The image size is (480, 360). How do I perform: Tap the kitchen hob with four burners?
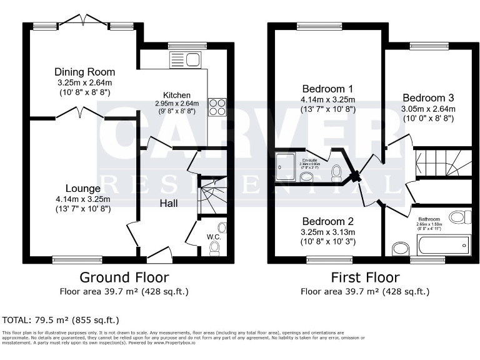pos(216,107)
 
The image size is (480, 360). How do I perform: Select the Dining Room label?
pos(84,72)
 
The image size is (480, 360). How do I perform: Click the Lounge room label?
pos(82,188)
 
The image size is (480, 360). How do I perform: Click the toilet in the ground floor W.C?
pos(214,248)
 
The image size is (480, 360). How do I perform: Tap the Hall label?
pos(168,203)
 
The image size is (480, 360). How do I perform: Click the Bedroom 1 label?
pos(327,88)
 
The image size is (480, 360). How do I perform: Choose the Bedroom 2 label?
pos(328,221)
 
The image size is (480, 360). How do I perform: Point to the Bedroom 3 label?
pos(427,97)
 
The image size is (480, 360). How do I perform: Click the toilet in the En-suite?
pos(336,172)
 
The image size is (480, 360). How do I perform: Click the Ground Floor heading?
pos(124,277)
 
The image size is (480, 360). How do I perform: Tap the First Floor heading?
pos(365,277)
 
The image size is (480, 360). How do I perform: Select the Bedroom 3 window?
pos(428,46)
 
